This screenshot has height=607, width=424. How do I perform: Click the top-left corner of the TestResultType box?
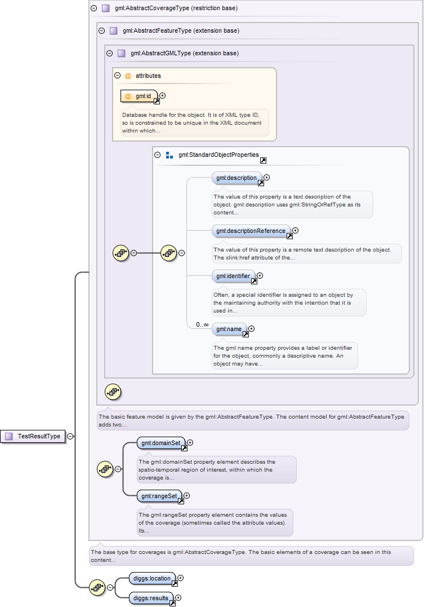pyautogui.click(x=1, y=430)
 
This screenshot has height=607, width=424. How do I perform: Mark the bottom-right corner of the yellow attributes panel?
pyautogui.click(x=276, y=141)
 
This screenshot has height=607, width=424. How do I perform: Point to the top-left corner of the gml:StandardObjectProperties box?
pyautogui.click(x=153, y=147)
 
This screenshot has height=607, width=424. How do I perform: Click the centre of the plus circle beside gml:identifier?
pyautogui.click(x=260, y=276)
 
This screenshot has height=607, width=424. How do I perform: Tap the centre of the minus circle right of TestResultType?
pyautogui.click(x=70, y=436)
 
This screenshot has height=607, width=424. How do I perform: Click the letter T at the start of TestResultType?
pyautogui.click(x=20, y=436)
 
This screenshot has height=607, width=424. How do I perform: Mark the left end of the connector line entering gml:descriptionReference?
pyautogui.click(x=187, y=231)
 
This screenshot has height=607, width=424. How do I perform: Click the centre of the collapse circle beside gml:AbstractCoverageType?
pyautogui.click(x=93, y=8)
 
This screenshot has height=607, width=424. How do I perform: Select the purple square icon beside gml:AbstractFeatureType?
pyautogui.click(x=114, y=30)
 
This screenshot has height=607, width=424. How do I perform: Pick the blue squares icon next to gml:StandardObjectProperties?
pyautogui.click(x=169, y=155)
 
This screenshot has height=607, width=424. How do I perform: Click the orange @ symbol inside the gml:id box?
pyautogui.click(x=128, y=96)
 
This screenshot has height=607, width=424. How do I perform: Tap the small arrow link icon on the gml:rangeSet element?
pyautogui.click(x=181, y=501)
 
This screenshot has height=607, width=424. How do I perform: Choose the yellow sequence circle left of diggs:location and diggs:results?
pyautogui.click(x=97, y=588)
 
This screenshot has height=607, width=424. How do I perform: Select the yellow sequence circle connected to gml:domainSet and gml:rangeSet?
pyautogui.click(x=105, y=469)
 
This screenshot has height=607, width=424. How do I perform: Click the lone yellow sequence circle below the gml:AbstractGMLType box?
pyautogui.click(x=113, y=392)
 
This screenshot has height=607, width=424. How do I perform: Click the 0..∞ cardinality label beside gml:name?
pyautogui.click(x=202, y=324)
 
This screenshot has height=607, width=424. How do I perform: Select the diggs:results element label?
pyautogui.click(x=151, y=598)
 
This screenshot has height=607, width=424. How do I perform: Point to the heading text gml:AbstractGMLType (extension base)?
pyautogui.click(x=185, y=53)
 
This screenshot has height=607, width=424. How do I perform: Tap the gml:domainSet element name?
pyautogui.click(x=161, y=443)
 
